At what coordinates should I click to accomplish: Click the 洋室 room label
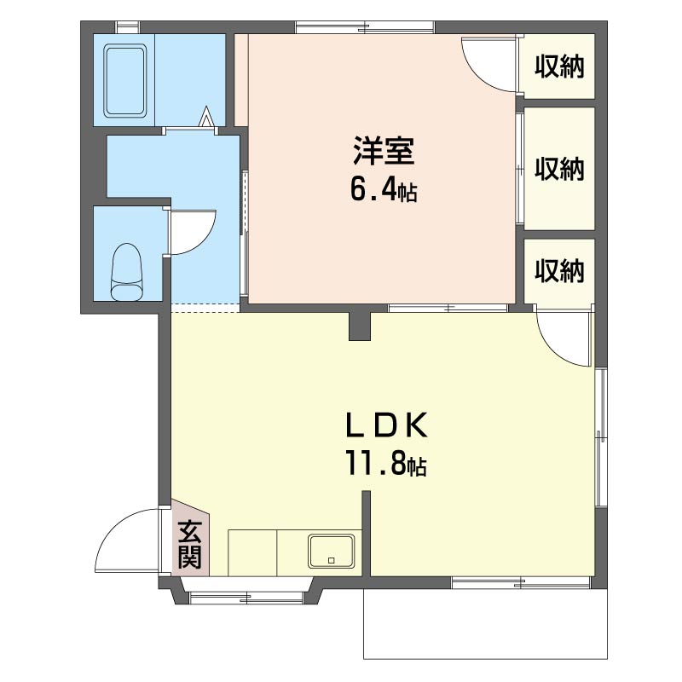[x=384, y=151]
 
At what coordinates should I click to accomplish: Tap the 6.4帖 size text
[x=384, y=190]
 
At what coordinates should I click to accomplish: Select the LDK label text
[x=387, y=425]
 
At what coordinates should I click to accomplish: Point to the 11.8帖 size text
[x=386, y=464]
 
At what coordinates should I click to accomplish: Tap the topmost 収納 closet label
[x=559, y=66]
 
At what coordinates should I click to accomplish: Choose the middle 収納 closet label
[x=559, y=168]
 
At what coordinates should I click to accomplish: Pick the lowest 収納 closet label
[x=559, y=270]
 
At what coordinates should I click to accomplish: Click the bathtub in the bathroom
[x=124, y=80]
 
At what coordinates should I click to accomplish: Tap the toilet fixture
[x=126, y=272]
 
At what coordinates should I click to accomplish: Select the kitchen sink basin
[x=332, y=551]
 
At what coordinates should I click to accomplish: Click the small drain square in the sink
[x=332, y=561]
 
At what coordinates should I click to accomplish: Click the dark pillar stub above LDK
[x=360, y=326]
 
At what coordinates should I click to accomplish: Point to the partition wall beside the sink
[x=367, y=534]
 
